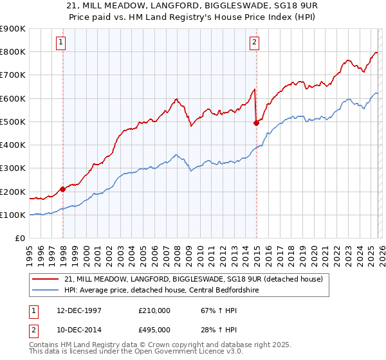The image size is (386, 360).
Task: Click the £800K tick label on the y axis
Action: pos(13,52)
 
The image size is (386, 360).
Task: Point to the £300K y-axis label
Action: pos(13,168)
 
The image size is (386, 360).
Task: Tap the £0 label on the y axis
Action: pos(20,239)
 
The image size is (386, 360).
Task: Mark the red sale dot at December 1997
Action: pos(63,189)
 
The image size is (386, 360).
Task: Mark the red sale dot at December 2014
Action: pos(257,123)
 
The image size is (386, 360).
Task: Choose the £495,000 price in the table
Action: pos(154,329)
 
